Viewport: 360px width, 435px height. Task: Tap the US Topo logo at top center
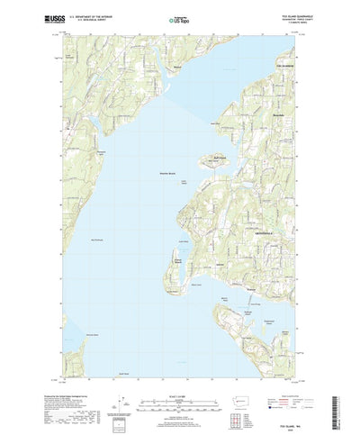coord(176,17)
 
